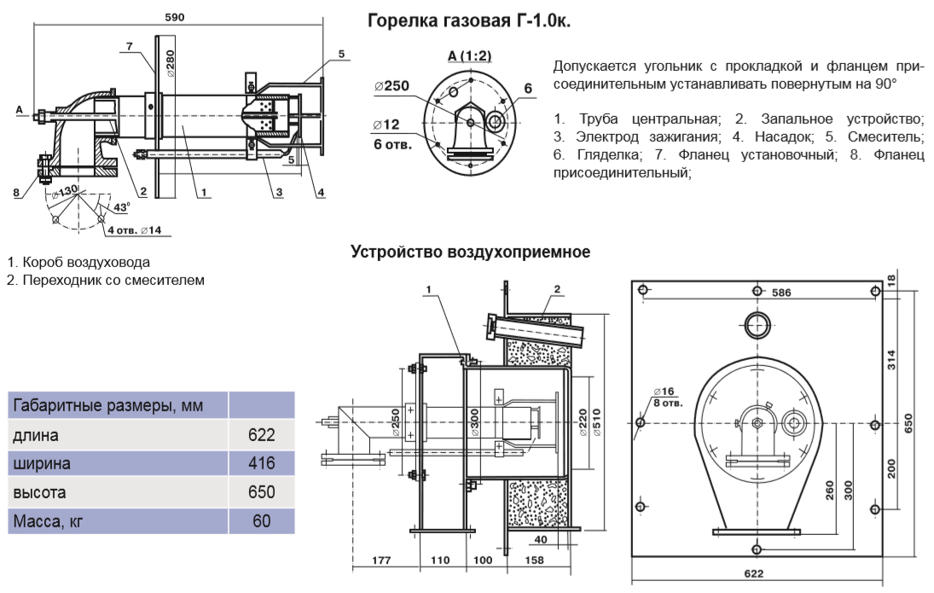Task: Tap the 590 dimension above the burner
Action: tap(176, 17)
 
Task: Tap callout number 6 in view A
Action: tap(528, 88)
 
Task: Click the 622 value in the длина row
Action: tap(261, 435)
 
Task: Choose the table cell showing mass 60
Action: tap(261, 520)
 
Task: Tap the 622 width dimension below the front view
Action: tap(754, 574)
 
